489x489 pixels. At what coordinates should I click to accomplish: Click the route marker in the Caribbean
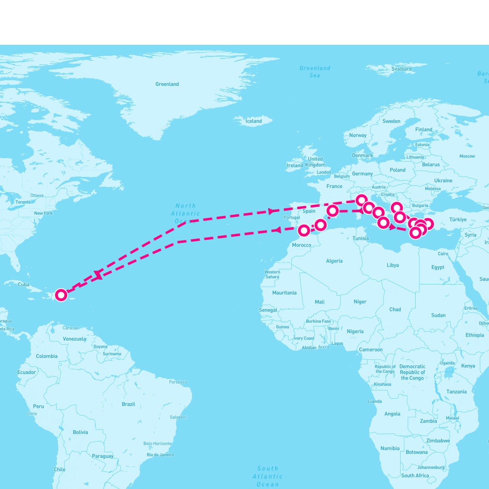point(61,295)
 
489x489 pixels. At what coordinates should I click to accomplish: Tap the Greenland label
point(167,84)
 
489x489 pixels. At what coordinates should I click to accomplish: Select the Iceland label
point(253,121)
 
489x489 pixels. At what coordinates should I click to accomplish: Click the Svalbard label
point(401,69)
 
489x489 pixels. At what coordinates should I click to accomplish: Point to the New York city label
point(43,213)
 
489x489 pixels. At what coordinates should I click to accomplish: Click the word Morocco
point(302,245)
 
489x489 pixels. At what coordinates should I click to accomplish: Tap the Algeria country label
point(334,261)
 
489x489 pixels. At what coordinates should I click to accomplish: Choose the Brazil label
point(128,404)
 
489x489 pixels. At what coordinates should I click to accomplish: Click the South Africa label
point(415,476)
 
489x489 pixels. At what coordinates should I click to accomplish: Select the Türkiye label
point(458,220)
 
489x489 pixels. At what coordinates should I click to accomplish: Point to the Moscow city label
point(467,156)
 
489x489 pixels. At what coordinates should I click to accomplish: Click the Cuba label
point(23,284)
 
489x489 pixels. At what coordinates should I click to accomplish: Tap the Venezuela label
point(75,339)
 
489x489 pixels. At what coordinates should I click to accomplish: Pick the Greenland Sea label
point(315,72)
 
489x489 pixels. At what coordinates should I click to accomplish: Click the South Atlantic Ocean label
point(268,476)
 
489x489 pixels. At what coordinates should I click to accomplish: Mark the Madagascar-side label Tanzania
point(456,392)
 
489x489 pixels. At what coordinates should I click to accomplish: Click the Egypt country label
point(438,267)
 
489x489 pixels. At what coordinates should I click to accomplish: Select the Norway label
point(358,135)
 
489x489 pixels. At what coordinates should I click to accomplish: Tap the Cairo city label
point(443,253)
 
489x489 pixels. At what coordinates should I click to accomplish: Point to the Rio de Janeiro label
point(160,455)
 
